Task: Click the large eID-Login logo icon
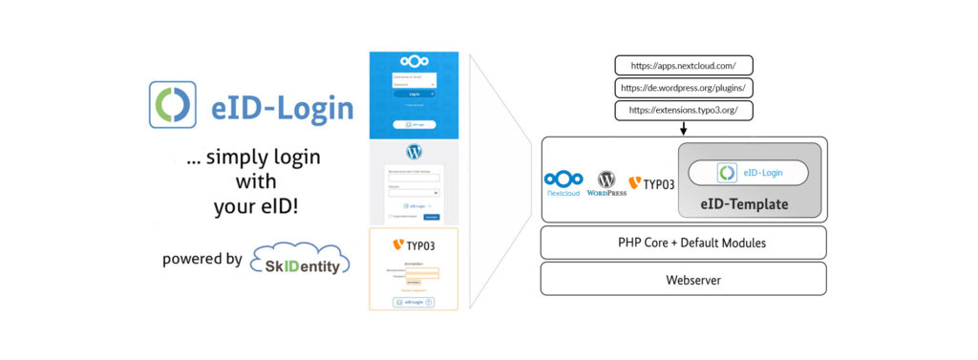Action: [x=173, y=105]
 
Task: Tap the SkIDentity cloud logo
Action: [x=300, y=260]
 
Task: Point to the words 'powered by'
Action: [x=202, y=259]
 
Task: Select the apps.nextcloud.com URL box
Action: [x=683, y=66]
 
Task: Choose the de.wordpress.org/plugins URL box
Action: [x=683, y=88]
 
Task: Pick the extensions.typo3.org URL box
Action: [x=683, y=111]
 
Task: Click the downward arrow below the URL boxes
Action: [x=684, y=130]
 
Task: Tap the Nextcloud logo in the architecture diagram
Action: [x=563, y=181]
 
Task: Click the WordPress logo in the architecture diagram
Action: [x=606, y=181]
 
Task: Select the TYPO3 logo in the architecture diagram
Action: [x=652, y=181]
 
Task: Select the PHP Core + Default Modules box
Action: [x=683, y=243]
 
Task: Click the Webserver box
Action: [x=683, y=279]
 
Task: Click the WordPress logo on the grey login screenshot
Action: [x=414, y=152]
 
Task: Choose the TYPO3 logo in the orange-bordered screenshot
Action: [x=414, y=245]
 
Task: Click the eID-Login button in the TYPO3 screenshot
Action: [x=414, y=302]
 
